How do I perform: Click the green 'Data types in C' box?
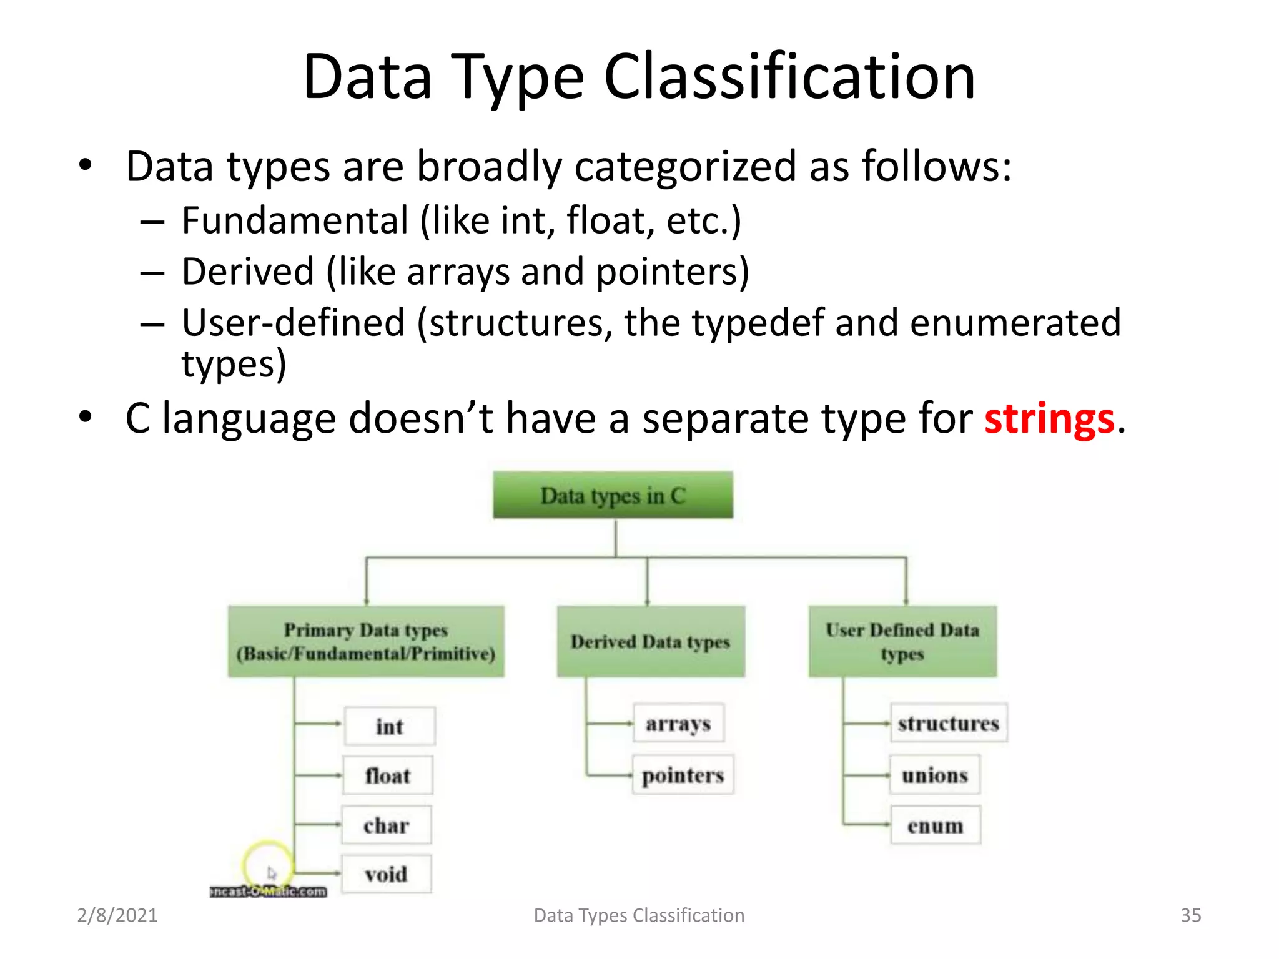click(613, 495)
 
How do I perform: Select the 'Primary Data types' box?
click(366, 641)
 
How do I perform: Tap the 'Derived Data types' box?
click(650, 641)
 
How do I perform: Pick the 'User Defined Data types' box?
click(902, 641)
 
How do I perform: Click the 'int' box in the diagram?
click(389, 726)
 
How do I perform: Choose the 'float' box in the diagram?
click(388, 775)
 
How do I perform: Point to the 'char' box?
click(386, 825)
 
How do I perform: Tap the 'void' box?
click(386, 874)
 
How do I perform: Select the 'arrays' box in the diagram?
click(678, 723)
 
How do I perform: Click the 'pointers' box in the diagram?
click(683, 775)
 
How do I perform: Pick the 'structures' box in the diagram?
click(948, 723)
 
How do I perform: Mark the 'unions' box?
click(934, 775)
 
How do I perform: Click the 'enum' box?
click(935, 825)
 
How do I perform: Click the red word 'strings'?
click(1049, 418)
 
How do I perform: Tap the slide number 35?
click(1190, 915)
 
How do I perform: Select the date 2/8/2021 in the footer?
click(117, 915)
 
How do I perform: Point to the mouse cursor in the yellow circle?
click(271, 872)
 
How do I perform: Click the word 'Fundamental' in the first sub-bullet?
click(295, 221)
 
